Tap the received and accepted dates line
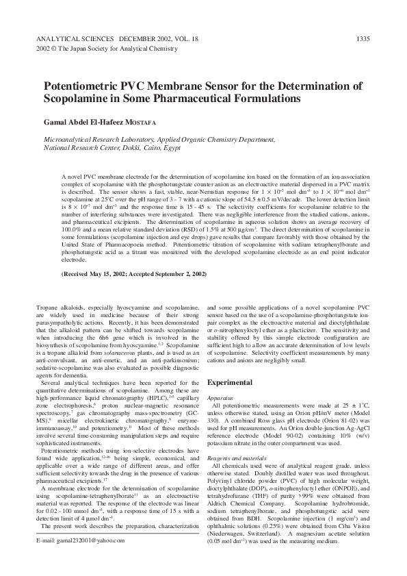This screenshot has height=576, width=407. (133, 274)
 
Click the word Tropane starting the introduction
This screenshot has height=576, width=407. (49, 310)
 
